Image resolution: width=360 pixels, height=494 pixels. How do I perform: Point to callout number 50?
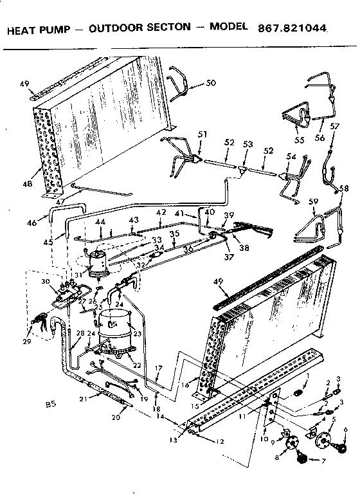[x=193, y=84]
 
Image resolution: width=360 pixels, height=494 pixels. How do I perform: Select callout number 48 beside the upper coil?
[x=26, y=185]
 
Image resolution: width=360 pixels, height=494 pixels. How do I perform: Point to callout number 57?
[x=333, y=127]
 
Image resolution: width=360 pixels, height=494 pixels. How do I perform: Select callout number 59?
[x=313, y=203]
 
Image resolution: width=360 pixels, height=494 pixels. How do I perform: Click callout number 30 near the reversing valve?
[x=44, y=282]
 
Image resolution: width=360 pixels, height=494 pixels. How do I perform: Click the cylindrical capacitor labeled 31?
[x=98, y=264]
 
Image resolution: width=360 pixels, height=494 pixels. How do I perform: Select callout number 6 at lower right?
[x=345, y=430]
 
